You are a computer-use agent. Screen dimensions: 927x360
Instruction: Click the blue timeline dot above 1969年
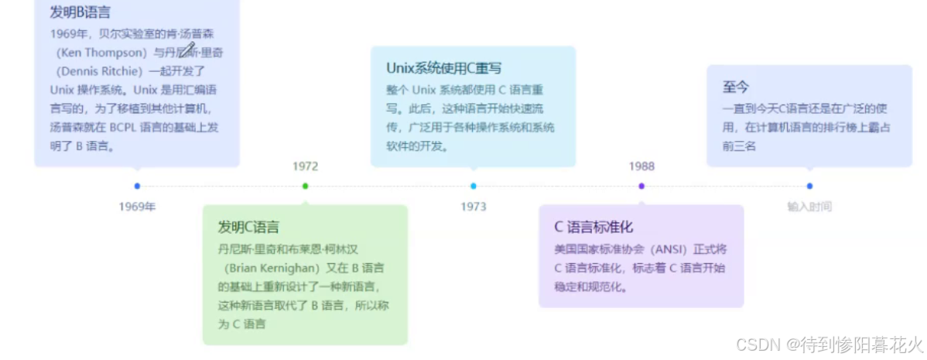137,186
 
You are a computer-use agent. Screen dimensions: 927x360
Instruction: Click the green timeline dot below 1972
305,186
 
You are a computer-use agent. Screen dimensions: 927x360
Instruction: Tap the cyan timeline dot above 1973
474,186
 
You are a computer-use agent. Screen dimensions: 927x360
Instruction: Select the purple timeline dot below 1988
641,186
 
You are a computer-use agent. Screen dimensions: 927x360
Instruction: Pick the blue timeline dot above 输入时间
809,186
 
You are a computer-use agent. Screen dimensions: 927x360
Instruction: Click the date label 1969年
137,207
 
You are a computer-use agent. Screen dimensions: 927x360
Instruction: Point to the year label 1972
305,166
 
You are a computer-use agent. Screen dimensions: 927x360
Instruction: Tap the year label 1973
474,207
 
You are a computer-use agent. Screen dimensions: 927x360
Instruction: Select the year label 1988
641,166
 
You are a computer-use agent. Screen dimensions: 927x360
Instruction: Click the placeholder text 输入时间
809,207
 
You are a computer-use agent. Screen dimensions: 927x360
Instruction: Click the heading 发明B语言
80,12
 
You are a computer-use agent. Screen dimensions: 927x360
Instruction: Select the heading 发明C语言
248,227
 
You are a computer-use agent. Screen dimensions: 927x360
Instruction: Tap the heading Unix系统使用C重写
444,68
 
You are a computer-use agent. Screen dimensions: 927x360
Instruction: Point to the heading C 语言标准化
593,227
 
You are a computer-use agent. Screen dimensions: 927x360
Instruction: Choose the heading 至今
736,87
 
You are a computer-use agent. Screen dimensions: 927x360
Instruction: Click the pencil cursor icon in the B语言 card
186,50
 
